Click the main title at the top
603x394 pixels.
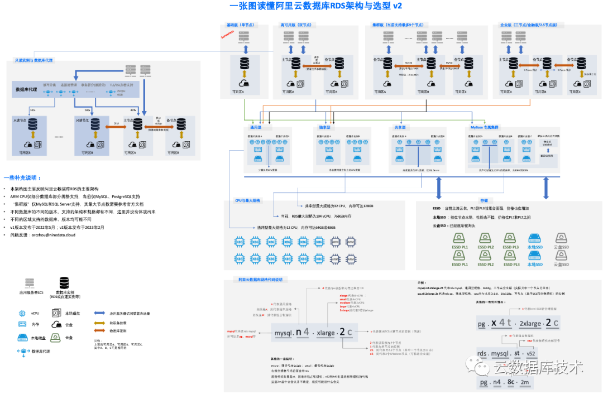pyautogui.click(x=315, y=6)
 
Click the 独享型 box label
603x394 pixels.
pyautogui.click(x=324, y=128)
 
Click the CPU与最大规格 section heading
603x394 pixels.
pyautogui.click(x=247, y=199)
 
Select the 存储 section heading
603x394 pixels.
pyautogui.click(x=484, y=199)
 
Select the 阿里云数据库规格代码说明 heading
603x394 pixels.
pyautogui.click(x=260, y=279)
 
